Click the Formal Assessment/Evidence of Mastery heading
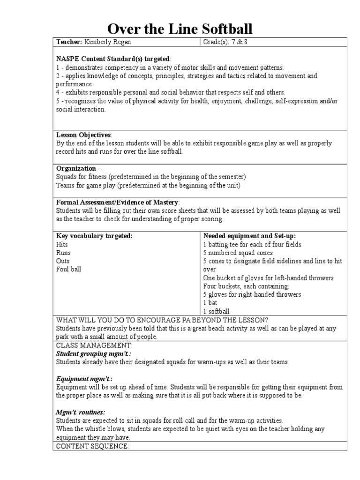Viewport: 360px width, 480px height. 118,202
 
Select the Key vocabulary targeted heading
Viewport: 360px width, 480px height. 94,236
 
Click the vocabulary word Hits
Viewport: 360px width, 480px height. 62,244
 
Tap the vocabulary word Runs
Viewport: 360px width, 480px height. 64,253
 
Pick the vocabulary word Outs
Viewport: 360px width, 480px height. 63,261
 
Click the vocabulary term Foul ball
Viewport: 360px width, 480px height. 69,270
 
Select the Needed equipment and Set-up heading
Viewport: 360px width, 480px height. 249,236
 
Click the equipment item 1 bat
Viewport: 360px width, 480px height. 210,303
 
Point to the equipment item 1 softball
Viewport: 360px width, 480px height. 216,311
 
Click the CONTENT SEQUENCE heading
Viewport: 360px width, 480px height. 92,446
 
